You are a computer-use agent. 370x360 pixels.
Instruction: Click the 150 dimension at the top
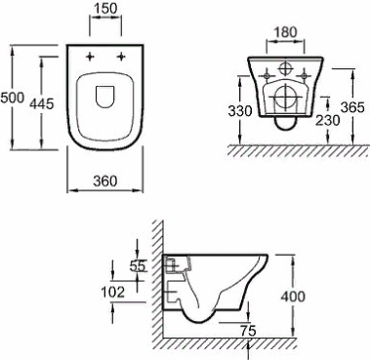pyautogui.click(x=105, y=9)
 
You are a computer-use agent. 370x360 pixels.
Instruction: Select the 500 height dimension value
pyautogui.click(x=12, y=98)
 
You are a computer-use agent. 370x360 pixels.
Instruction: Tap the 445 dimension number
pyautogui.click(x=41, y=104)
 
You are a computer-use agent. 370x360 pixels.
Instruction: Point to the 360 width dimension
pyautogui.click(x=104, y=180)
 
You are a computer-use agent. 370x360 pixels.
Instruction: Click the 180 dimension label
pyautogui.click(x=285, y=32)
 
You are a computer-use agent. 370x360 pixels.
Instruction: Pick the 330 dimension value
pyautogui.click(x=240, y=111)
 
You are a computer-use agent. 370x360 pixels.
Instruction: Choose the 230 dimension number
pyautogui.click(x=328, y=121)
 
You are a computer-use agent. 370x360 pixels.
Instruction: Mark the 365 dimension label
pyautogui.click(x=352, y=107)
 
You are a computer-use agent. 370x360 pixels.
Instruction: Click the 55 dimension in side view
pyautogui.click(x=137, y=266)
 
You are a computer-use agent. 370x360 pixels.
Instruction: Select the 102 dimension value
pyautogui.click(x=113, y=292)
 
